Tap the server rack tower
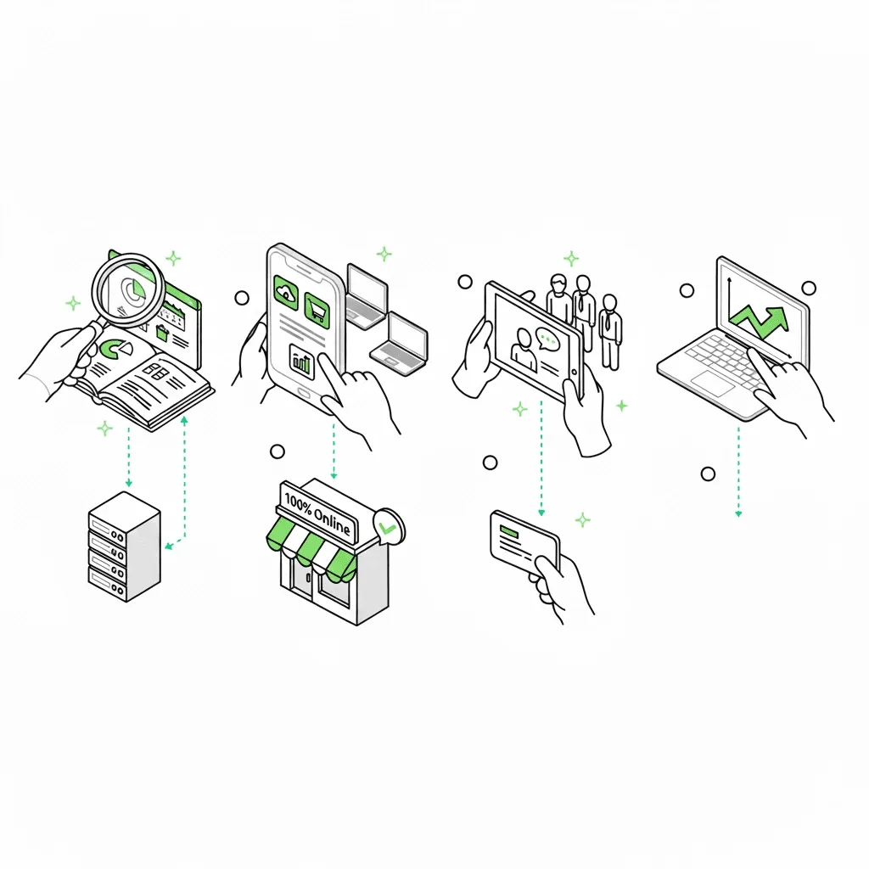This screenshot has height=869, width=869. pyautogui.click(x=125, y=547)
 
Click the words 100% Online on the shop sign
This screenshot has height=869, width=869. pyautogui.click(x=317, y=513)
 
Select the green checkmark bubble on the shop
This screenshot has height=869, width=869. pyautogui.click(x=389, y=525)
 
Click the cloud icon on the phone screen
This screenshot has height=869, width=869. pyautogui.click(x=286, y=292)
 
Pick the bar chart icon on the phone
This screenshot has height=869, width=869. pyautogui.click(x=302, y=361)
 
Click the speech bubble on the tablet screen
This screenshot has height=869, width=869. pyautogui.click(x=548, y=339)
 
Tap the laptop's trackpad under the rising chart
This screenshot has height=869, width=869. pyautogui.click(x=712, y=384)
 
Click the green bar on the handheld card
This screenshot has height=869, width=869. pyautogui.click(x=509, y=531)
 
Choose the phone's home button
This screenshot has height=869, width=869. pyautogui.click(x=304, y=392)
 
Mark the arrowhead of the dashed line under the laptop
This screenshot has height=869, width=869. pyautogui.click(x=738, y=513)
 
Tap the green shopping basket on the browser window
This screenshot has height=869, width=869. pyautogui.click(x=162, y=333)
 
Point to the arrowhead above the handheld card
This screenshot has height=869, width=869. pyautogui.click(x=541, y=513)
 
